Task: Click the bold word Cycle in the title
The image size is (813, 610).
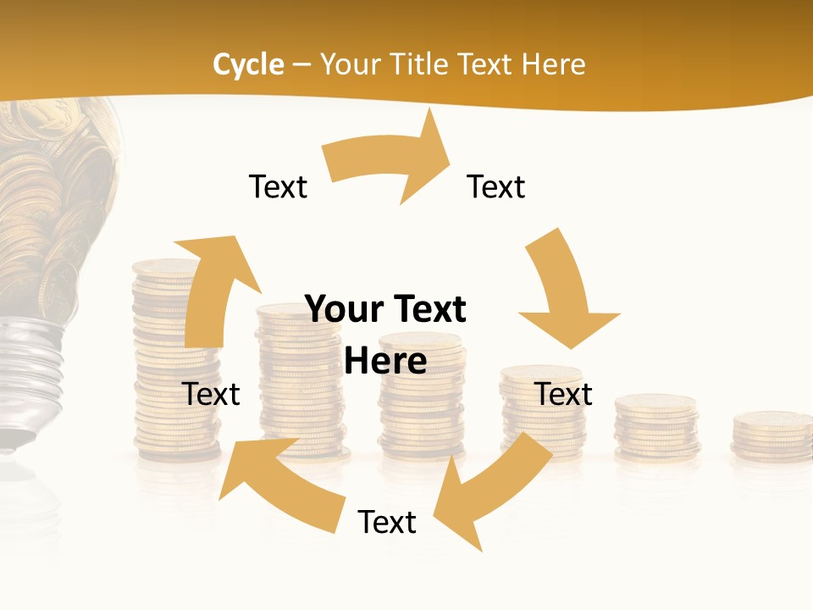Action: pos(248,64)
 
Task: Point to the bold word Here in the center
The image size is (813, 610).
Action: pos(385,361)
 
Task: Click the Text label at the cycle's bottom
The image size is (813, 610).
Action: pos(387,522)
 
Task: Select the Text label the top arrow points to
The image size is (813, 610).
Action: pos(496,186)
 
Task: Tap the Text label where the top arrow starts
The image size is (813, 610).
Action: pos(278,186)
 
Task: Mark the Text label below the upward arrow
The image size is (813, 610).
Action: pos(212,394)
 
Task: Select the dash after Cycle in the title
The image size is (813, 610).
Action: pos(301,64)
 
